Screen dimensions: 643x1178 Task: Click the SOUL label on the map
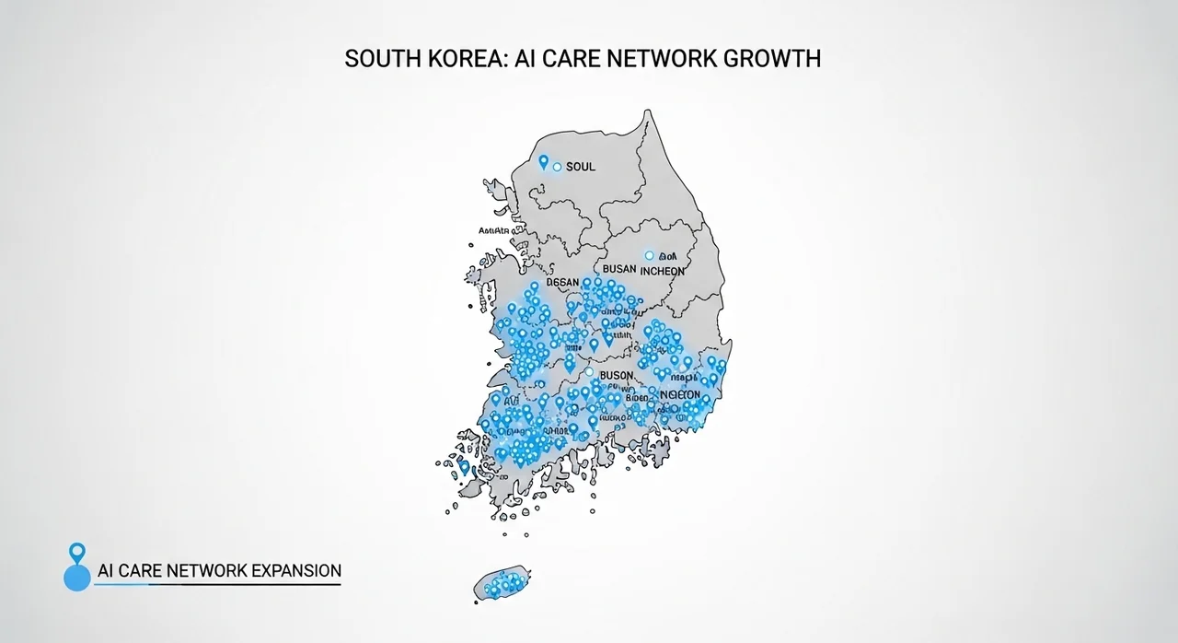[581, 167]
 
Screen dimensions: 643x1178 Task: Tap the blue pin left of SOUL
[543, 162]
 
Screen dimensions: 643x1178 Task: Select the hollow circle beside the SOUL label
[557, 167]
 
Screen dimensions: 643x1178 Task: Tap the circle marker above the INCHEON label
[650, 255]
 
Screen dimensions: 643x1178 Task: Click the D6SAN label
[562, 283]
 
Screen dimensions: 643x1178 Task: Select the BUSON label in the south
[616, 376]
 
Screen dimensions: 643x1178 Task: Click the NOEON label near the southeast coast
[680, 393]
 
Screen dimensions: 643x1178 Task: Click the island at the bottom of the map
[502, 584]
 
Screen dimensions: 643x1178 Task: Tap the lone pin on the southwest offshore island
[464, 468]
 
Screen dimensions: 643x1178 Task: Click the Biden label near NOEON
[637, 398]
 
